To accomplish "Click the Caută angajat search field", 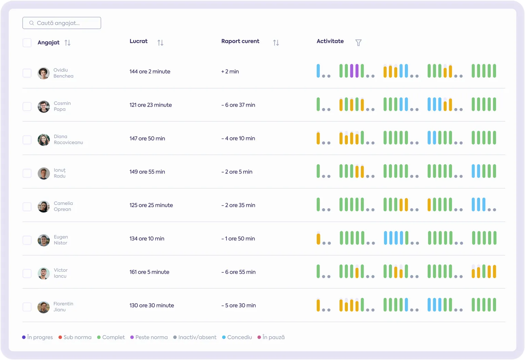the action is [62, 23].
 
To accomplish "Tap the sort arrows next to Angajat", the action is [67, 43].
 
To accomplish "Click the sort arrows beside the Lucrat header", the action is [160, 43].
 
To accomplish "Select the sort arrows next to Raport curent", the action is [276, 43].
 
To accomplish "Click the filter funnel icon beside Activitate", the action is [358, 43].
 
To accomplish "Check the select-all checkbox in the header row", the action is [27, 43].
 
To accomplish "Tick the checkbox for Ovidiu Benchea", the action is [27, 73].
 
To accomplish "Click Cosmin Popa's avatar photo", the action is [44, 107].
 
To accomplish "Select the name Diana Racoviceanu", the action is [68, 139].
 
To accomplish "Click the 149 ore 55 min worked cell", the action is [147, 172].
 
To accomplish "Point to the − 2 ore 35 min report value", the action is [238, 205].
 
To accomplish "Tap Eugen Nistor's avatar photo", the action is [44, 240].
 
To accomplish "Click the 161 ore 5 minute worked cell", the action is [149, 272].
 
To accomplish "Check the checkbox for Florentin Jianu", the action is [27, 307].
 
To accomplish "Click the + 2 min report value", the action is [230, 71].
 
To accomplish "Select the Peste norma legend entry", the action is [149, 337].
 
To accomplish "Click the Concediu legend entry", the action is [237, 337].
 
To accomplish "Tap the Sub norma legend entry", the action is [75, 337].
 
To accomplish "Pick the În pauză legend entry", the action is [271, 337].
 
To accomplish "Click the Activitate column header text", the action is [330, 41].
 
